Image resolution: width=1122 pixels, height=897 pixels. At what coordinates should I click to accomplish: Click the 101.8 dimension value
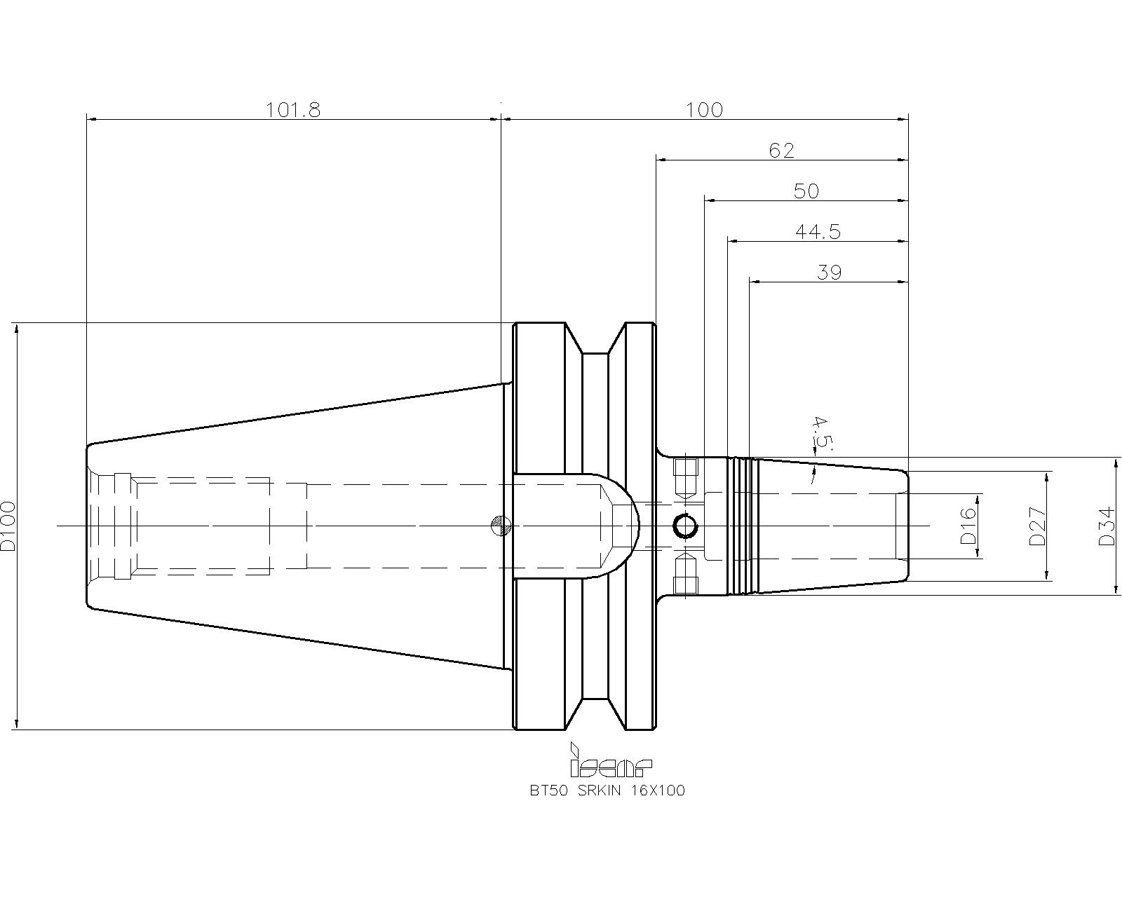293,110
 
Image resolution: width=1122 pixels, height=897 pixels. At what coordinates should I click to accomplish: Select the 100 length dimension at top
704,110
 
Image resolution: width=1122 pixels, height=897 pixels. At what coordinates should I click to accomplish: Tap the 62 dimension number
781,151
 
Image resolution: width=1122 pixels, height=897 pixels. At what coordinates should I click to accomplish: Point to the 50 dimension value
806,191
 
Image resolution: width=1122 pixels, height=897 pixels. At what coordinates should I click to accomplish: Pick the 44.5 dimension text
818,232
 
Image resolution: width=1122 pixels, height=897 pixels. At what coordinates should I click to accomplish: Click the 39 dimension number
829,273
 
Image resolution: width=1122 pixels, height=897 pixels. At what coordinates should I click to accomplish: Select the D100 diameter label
8,526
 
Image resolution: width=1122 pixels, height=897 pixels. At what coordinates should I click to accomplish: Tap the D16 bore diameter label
968,526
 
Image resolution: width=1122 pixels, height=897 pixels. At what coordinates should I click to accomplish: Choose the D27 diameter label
1038,526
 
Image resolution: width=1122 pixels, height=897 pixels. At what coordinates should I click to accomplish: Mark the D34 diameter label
1107,526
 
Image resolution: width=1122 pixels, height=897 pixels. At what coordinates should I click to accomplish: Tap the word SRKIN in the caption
600,790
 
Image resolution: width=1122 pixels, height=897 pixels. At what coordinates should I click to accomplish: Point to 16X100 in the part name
658,790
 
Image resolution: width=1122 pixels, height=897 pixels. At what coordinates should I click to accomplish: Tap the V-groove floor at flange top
595,354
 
